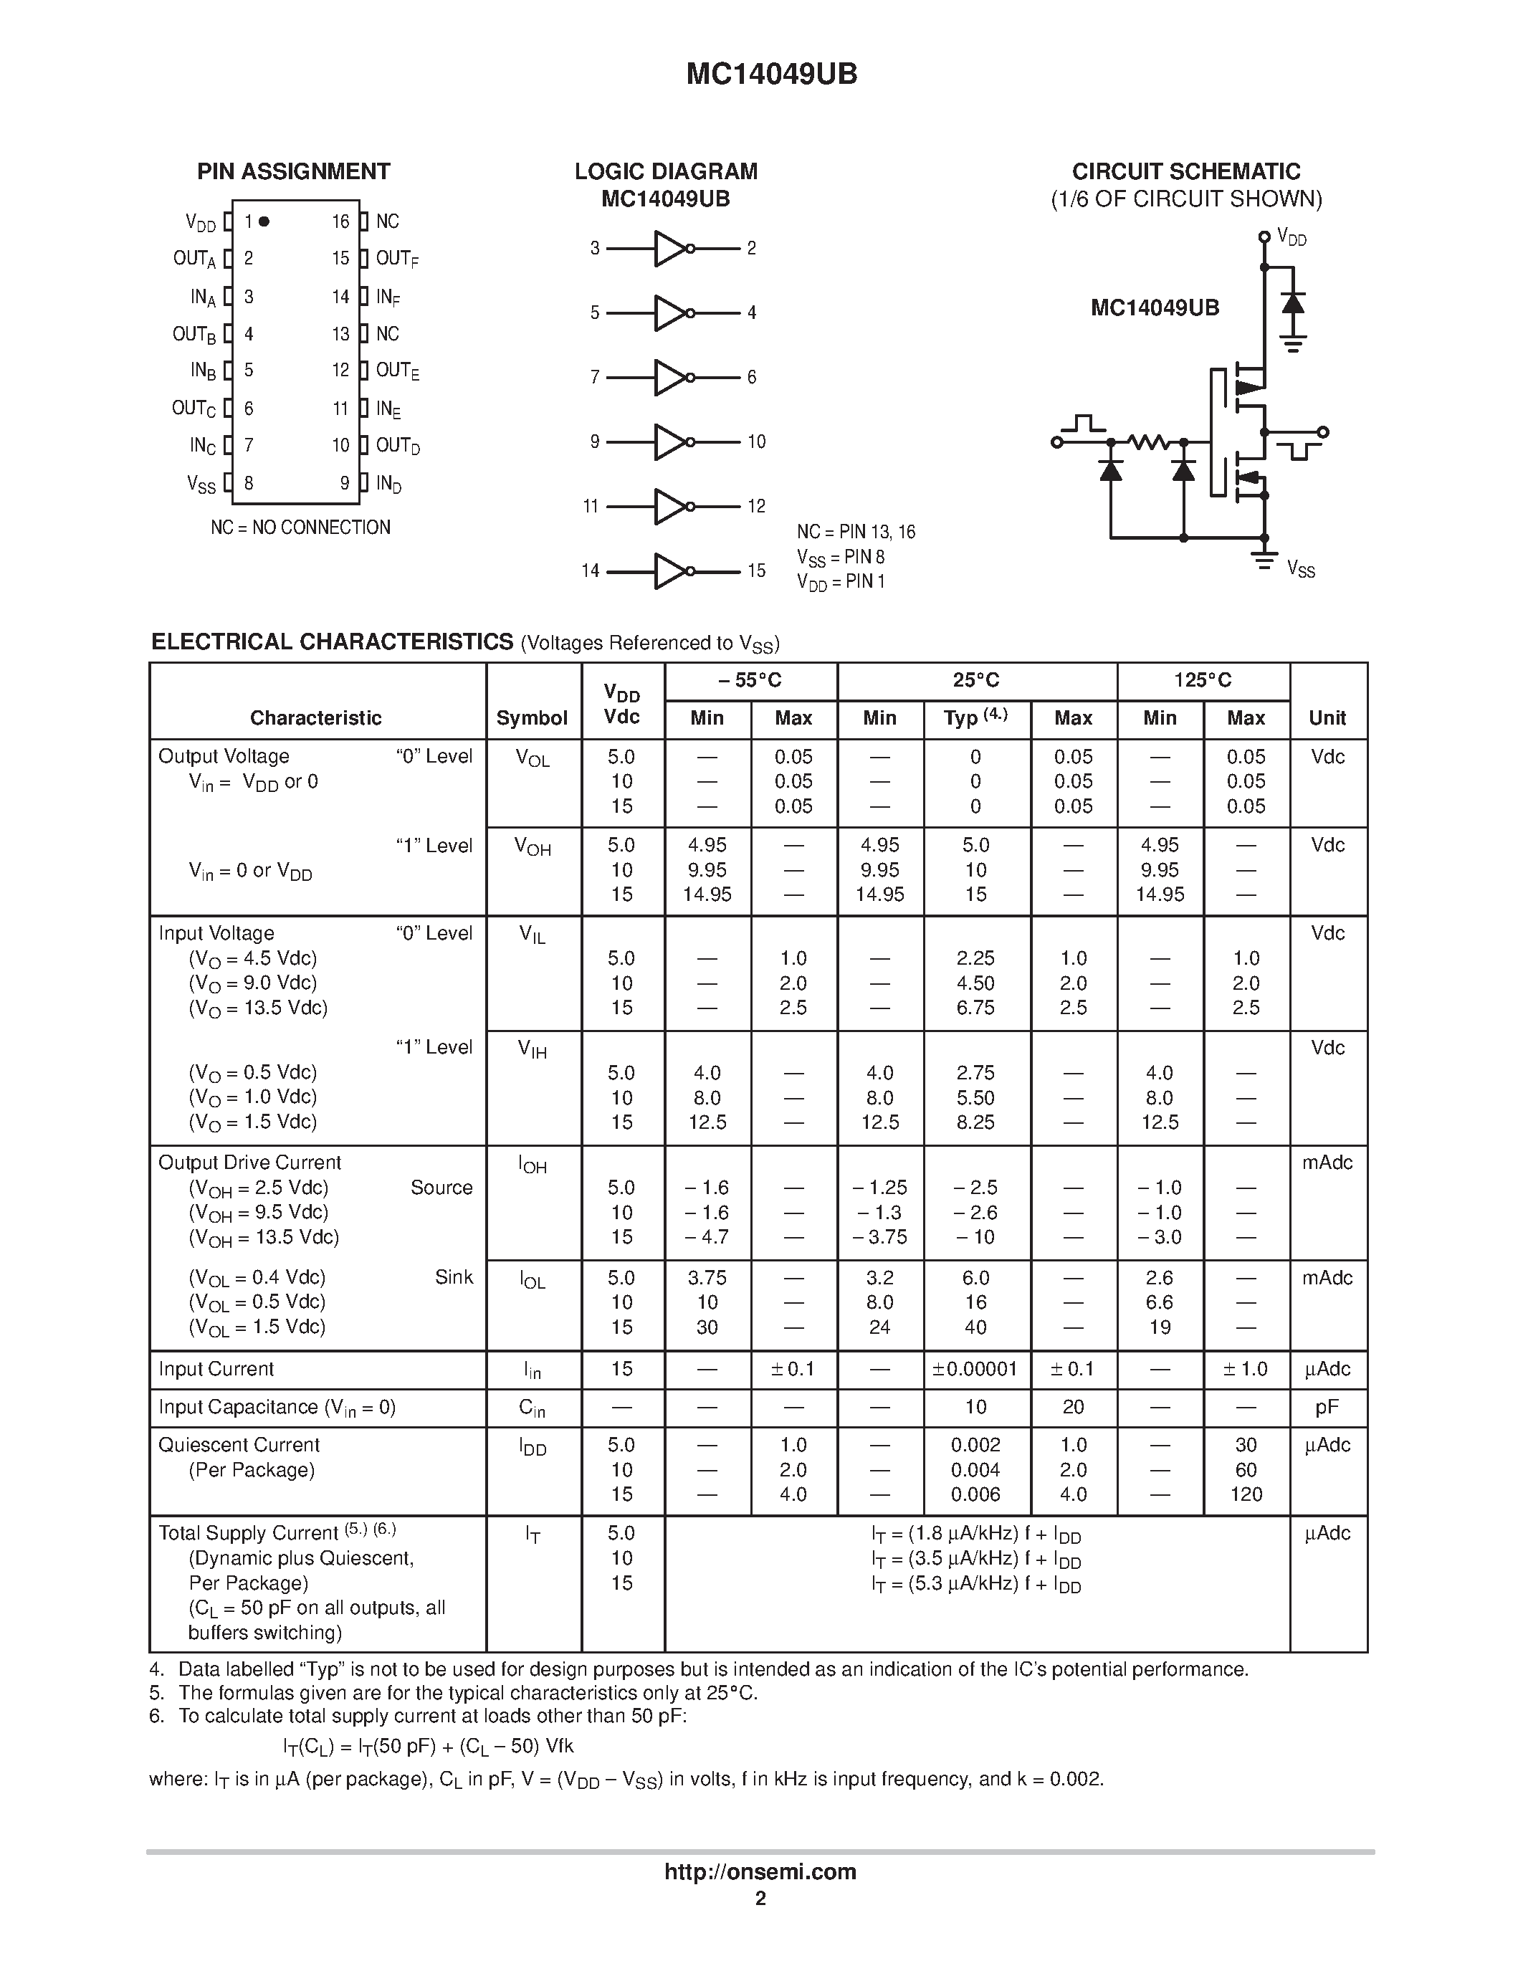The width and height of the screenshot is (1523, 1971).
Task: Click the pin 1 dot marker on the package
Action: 264,221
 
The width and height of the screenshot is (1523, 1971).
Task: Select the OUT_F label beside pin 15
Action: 397,259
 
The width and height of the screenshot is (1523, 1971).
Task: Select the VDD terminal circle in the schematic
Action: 1264,237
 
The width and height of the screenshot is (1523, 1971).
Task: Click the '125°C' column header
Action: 1202,680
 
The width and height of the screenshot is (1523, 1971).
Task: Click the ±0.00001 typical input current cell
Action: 975,1369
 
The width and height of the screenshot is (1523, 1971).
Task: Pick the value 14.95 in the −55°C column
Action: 707,894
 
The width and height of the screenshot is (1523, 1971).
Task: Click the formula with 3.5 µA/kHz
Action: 975,1559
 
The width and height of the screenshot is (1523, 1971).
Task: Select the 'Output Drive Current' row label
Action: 250,1163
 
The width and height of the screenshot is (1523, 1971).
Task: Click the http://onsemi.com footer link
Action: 760,1871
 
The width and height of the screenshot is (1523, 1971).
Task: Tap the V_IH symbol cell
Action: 533,1049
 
